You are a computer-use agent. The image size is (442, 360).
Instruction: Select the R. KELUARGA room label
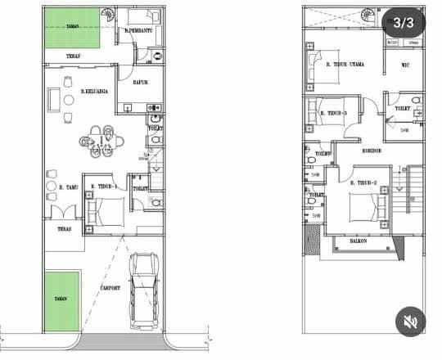[x=96, y=93]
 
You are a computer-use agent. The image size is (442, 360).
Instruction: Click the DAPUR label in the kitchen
[x=139, y=81]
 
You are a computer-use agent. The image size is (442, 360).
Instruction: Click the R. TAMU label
[x=70, y=187]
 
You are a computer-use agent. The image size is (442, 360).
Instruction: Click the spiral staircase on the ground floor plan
[x=106, y=16]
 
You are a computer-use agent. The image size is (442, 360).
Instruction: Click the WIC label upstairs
[x=405, y=65]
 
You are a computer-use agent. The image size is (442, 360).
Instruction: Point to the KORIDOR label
[x=373, y=151]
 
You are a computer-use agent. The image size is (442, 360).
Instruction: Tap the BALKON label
[x=357, y=242]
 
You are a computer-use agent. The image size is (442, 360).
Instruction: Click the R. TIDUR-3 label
[x=335, y=113]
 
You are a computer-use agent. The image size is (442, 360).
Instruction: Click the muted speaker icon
[x=409, y=322]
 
